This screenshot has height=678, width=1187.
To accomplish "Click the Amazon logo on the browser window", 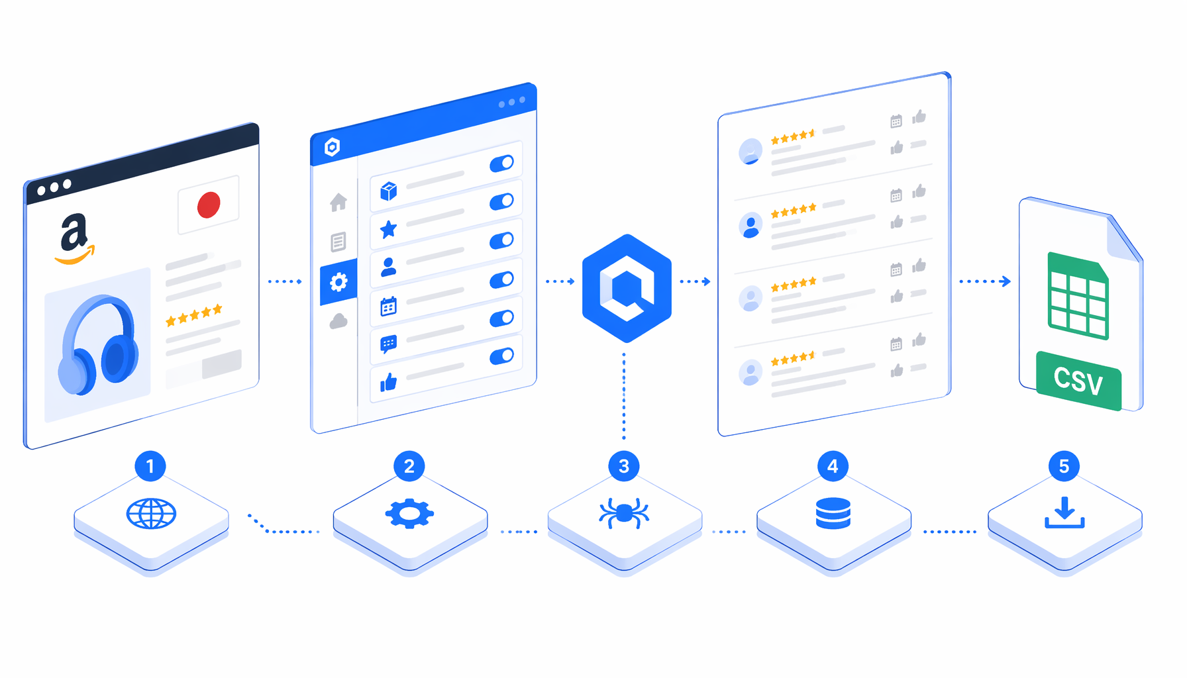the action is (x=75, y=239).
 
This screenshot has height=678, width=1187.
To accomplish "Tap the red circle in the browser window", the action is (x=209, y=205).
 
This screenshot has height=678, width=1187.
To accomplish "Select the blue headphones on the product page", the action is (x=99, y=345).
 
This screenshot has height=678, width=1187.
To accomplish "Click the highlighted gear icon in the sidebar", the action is (x=338, y=283).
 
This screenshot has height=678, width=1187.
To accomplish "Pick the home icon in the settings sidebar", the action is (x=338, y=202).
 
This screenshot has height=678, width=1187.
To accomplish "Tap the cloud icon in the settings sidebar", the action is (x=338, y=322).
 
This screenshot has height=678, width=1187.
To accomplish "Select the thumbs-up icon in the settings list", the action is (x=388, y=382).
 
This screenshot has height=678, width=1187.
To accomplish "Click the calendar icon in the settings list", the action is (x=388, y=307).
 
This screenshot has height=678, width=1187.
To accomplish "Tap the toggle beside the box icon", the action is (x=501, y=164).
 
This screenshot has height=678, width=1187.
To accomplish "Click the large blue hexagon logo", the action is (x=627, y=288).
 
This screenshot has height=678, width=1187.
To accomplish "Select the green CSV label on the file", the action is (x=1078, y=381).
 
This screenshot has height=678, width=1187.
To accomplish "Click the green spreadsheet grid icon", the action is (x=1078, y=296).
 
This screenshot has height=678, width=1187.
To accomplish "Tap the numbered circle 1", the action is (x=150, y=466).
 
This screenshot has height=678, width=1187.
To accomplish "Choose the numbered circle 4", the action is (x=833, y=466).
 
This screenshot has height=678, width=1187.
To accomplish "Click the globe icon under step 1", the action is (x=151, y=514).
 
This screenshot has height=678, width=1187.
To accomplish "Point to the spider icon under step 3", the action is (x=624, y=513).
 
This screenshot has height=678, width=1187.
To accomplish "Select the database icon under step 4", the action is (x=833, y=514).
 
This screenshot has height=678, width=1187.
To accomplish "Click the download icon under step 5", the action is (x=1064, y=512).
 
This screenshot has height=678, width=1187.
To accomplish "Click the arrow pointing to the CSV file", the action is (x=985, y=281).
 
